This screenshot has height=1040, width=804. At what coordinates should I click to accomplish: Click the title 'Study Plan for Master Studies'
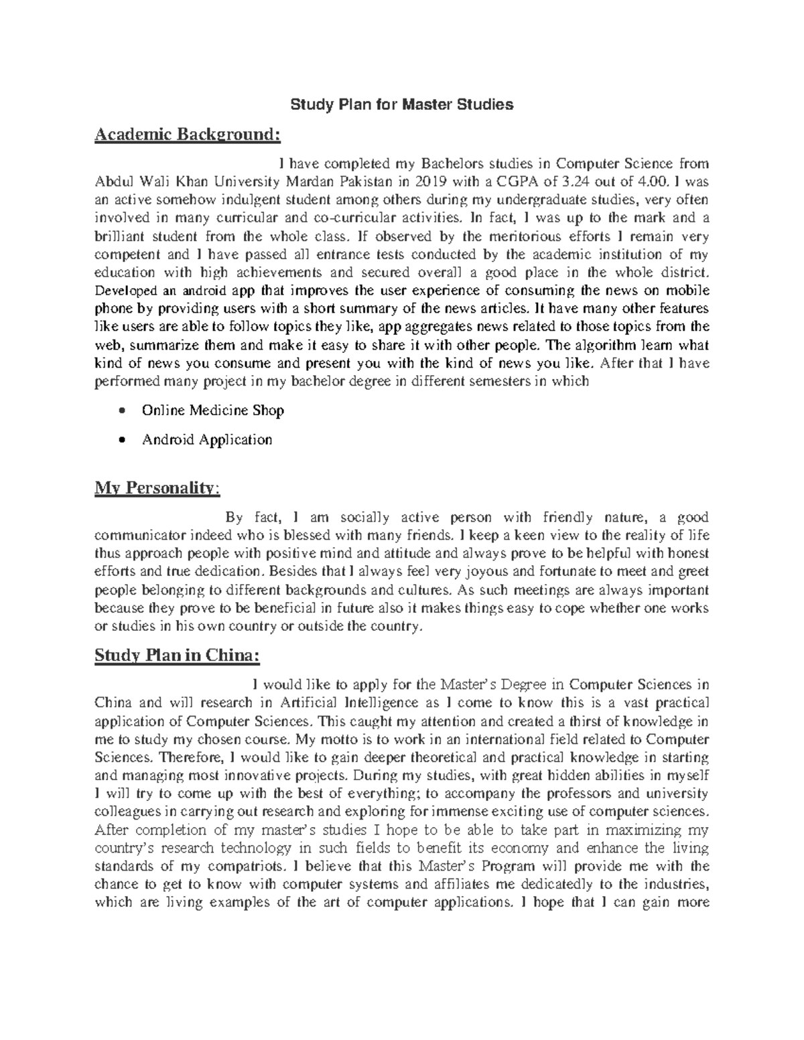click(401, 104)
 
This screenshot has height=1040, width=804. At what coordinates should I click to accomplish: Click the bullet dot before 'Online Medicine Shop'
click(121, 411)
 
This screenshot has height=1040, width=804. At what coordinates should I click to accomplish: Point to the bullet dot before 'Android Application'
click(121, 440)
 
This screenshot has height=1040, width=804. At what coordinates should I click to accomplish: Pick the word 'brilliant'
click(123, 236)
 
